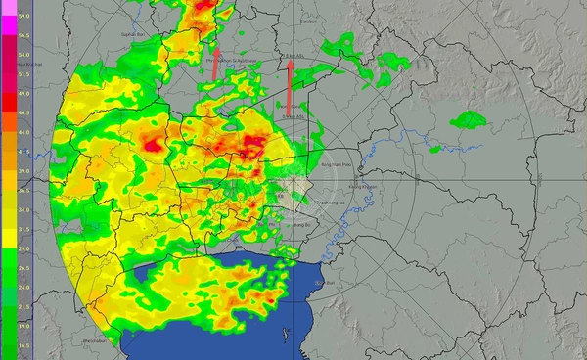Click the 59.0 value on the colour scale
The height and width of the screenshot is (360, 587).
[23, 17]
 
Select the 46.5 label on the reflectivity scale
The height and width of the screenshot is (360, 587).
[23, 112]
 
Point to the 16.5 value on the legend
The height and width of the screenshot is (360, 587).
[23, 345]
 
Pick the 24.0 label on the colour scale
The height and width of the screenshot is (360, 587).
[23, 288]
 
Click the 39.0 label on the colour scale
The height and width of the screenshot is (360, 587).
[23, 170]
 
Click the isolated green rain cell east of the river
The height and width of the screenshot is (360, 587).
[469, 120]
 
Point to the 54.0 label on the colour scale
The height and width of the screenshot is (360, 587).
[23, 55]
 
